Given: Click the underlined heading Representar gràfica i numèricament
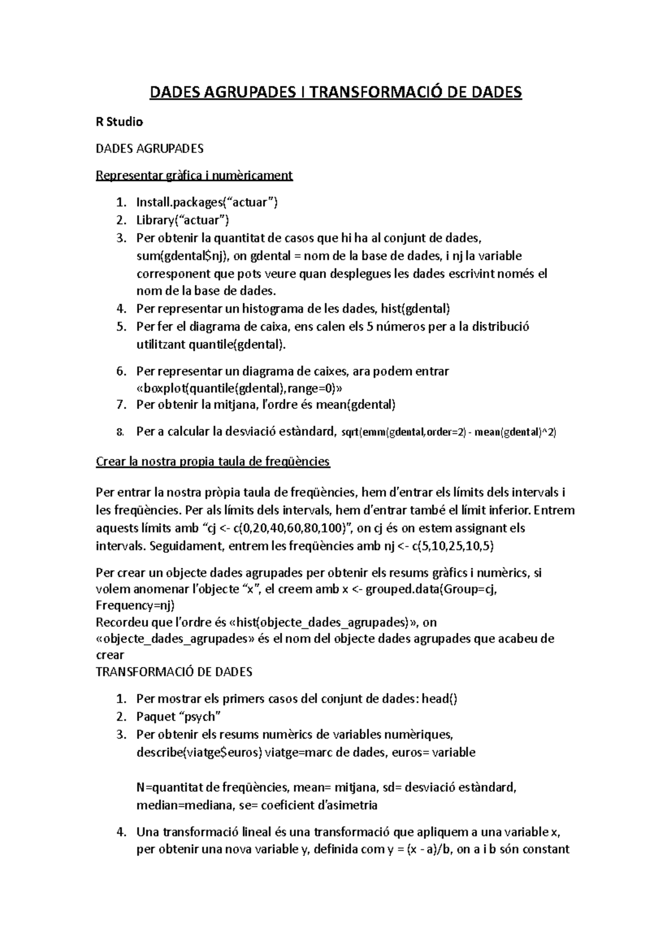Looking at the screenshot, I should [194, 176].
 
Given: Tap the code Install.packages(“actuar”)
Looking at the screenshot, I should [207, 203].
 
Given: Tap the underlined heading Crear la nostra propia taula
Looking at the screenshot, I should [213, 462].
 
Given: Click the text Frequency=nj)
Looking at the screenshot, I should [136, 605].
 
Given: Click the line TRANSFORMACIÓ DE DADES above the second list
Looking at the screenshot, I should [174, 671].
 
